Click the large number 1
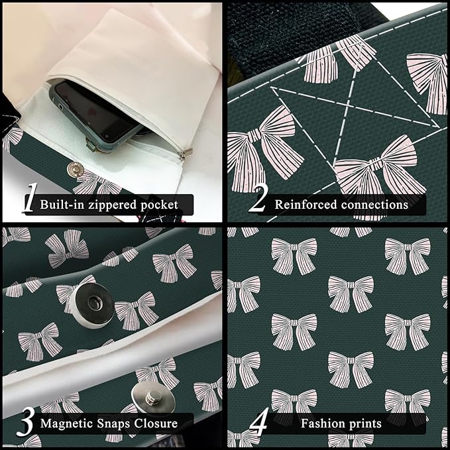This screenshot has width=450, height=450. click(30, 198)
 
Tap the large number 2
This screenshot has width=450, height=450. click(258, 197)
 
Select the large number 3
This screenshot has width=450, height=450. click(26, 422)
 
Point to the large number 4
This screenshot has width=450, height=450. click(259, 422)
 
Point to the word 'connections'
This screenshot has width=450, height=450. click(374, 205)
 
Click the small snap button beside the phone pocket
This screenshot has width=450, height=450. click(75, 170)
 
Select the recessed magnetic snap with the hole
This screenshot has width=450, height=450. click(92, 305)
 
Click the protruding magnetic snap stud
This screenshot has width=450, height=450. click(153, 398)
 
